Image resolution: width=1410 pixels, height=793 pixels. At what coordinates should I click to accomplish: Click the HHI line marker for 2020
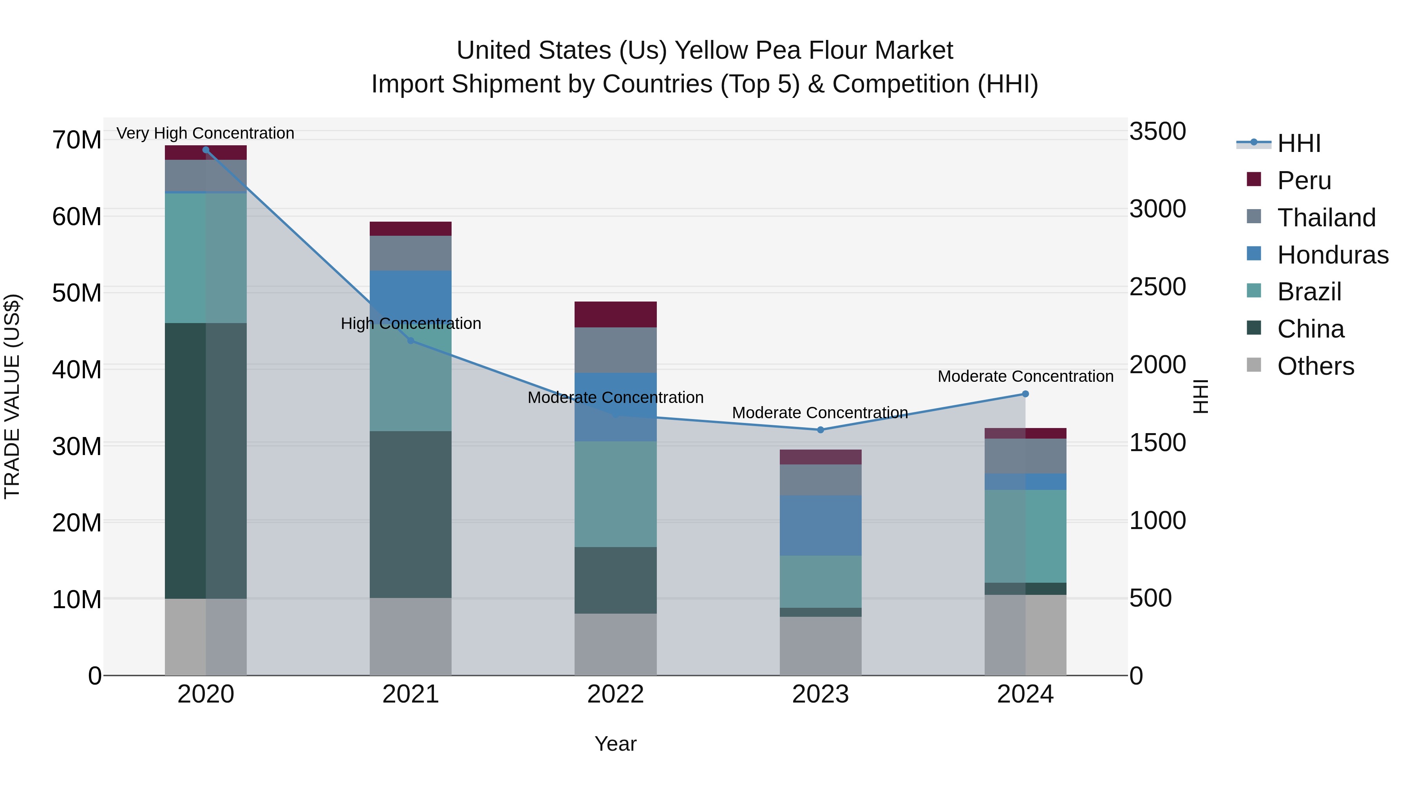point(206,150)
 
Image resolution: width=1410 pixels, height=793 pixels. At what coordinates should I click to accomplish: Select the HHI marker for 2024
point(1025,394)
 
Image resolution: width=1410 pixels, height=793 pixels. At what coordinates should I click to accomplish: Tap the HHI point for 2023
point(820,430)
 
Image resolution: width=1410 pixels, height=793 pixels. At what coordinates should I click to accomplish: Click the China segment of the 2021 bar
point(410,515)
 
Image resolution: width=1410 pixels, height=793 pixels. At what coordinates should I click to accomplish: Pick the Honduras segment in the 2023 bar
point(820,526)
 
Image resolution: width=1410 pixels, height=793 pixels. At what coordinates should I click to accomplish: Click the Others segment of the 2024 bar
point(1025,635)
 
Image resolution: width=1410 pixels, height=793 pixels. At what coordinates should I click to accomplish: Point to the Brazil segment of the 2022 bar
point(615,494)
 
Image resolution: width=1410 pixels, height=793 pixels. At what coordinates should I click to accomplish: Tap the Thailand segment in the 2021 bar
point(410,253)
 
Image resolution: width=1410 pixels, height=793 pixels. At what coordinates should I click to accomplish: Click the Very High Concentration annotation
point(205,134)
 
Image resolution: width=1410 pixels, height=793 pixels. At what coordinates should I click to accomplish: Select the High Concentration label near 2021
point(410,323)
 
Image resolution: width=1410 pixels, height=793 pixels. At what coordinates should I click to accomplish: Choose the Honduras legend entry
point(1333,255)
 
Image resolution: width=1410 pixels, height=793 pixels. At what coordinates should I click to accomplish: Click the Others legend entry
point(1315,366)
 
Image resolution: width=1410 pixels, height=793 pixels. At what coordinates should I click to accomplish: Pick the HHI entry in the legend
point(1298,143)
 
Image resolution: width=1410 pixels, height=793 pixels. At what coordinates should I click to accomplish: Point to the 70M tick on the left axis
point(77,140)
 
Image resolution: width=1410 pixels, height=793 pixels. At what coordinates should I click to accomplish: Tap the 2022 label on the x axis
point(615,694)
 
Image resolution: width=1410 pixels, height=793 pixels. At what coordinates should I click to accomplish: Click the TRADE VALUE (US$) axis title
point(12,396)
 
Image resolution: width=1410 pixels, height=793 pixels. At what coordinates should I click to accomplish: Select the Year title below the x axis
point(615,744)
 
